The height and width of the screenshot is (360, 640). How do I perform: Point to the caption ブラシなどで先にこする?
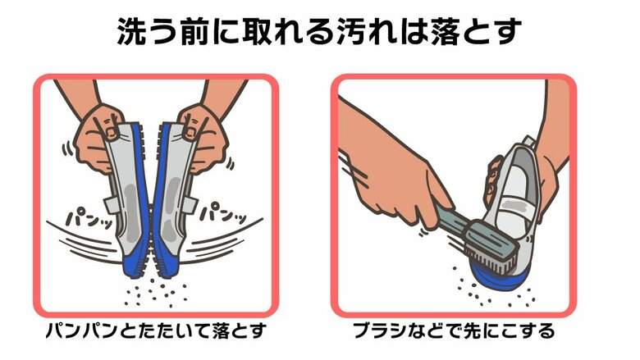(x=454, y=332)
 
